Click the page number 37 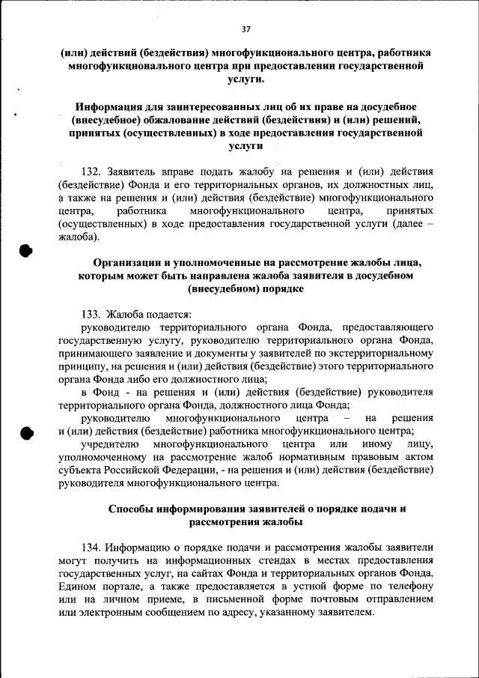pos(245,28)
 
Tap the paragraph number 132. pos(91,171)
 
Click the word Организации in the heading pos(128,263)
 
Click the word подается pos(153,315)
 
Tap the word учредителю pos(106,444)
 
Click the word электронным pos(111,613)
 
